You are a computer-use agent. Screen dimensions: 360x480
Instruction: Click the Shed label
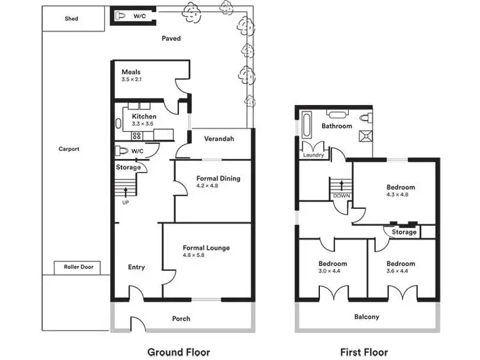point(72,19)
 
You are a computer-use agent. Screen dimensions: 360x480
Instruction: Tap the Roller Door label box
point(78,267)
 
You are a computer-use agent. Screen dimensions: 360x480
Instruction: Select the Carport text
point(68,149)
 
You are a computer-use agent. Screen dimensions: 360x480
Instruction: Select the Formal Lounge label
point(206,247)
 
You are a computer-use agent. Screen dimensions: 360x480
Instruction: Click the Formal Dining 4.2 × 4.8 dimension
point(207,186)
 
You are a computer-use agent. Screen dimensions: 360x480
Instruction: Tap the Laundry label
point(314,155)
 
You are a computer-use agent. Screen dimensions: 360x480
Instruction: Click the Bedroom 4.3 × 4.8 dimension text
point(401,195)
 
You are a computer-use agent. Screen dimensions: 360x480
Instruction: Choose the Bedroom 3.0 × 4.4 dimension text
point(333,271)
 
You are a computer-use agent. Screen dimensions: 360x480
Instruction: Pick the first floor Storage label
point(404,232)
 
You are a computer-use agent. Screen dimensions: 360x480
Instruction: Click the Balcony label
point(367,316)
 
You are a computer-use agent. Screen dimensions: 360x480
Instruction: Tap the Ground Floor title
point(179,352)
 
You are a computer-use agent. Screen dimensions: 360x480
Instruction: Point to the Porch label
point(181,318)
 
